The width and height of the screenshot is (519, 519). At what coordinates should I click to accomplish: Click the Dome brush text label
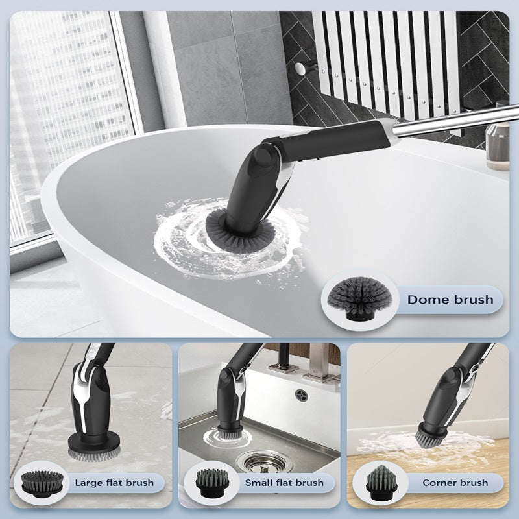pyautogui.click(x=450, y=300)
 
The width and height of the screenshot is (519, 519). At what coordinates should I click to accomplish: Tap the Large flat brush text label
pyautogui.click(x=114, y=483)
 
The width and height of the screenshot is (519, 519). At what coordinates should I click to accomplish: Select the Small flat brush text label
pyautogui.click(x=284, y=483)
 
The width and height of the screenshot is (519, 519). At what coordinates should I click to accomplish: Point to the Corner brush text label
pyautogui.click(x=455, y=483)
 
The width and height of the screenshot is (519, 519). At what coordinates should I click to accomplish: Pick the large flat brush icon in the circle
pyautogui.click(x=42, y=483)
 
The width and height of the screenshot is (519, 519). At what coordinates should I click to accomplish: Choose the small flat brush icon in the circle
pyautogui.click(x=212, y=483)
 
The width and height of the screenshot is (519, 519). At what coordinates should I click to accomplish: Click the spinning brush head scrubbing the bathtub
pyautogui.click(x=241, y=230)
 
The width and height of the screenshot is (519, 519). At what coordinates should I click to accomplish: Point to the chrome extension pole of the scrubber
pyautogui.click(x=456, y=121)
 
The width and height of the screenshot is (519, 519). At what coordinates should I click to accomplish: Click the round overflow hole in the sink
pyautogui.click(x=302, y=395)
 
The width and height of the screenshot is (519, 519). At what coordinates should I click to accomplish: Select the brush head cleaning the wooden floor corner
pyautogui.click(x=430, y=435)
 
